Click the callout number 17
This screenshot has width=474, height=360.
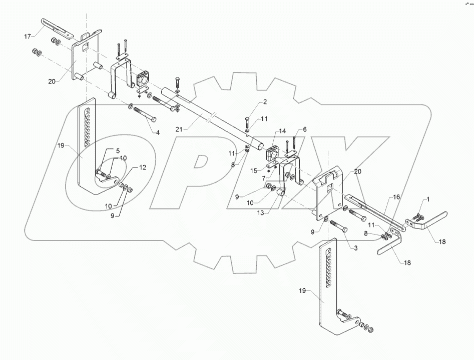point(27,36)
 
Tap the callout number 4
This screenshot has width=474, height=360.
point(158,132)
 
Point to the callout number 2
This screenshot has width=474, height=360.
point(265,102)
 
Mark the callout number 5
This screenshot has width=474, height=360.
point(118,150)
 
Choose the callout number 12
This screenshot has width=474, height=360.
point(143,168)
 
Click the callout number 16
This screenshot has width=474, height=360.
point(396,197)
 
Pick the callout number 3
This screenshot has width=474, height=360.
point(357,248)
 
